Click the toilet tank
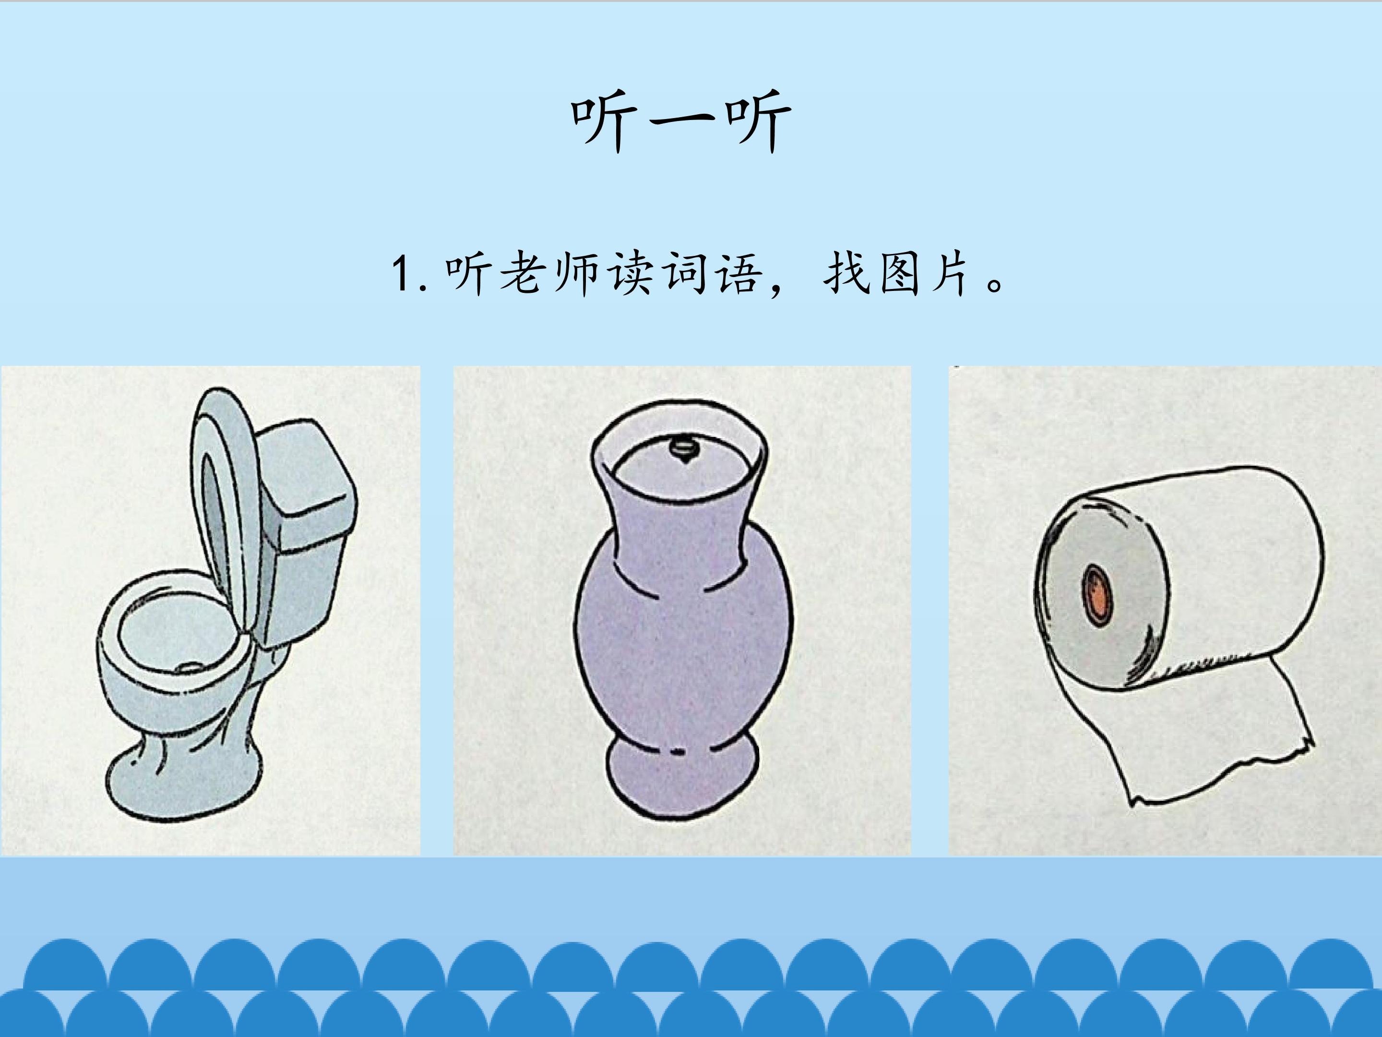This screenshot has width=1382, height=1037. [306, 531]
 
